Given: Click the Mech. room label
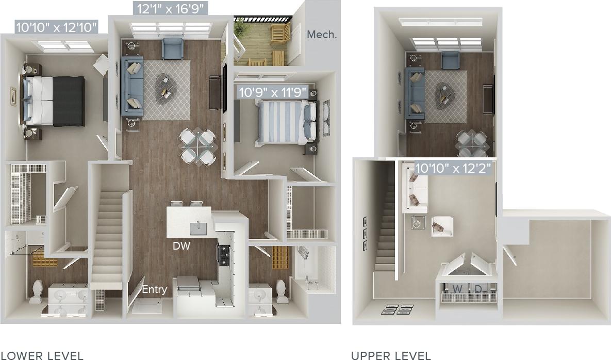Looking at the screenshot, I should coord(322,35).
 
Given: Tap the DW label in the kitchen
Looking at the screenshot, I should coord(182,246).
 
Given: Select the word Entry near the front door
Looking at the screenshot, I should coord(154,289).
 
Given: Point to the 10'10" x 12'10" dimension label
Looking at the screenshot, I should coord(56,28).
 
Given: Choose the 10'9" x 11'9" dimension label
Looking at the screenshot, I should coord(272,92).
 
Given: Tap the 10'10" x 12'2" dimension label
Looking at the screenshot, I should coord(453,168).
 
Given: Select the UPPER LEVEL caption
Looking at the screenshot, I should coord(391,355).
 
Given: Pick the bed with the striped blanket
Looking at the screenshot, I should coord(284,122).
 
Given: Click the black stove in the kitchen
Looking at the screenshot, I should coord(225,254).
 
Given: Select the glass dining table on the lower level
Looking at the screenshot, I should coord(197,147).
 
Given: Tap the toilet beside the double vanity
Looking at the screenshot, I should coord(37,291).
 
